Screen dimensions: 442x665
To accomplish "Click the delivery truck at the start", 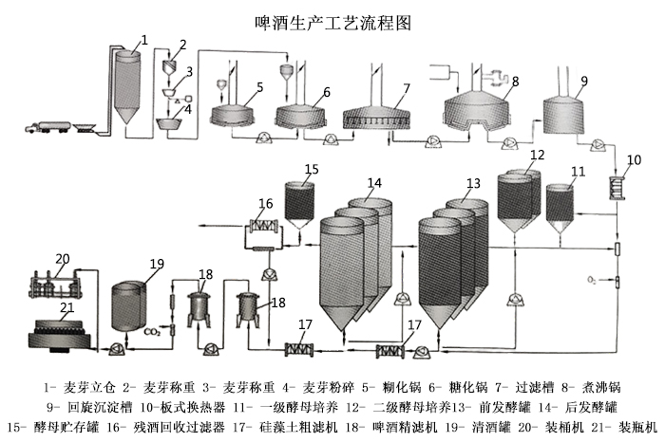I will pos(51,124).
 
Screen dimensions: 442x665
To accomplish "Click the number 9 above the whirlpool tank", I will pos(583,81).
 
